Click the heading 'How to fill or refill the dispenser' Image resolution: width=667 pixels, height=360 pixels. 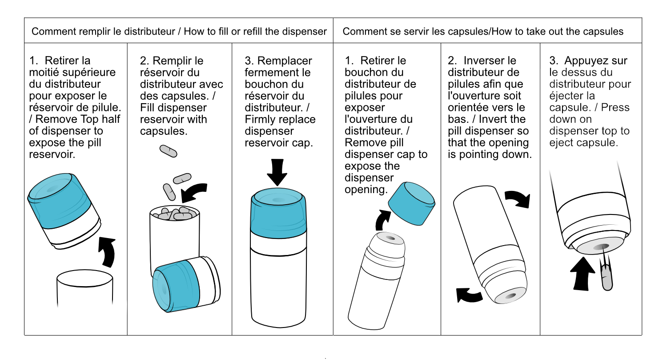[x=255, y=31]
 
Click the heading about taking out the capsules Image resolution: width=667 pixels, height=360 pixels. [x=483, y=31]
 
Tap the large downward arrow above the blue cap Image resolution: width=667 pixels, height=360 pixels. [x=277, y=172]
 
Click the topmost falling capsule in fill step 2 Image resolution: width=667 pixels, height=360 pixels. [x=168, y=151]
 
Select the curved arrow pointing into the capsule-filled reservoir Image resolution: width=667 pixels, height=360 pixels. [x=193, y=192]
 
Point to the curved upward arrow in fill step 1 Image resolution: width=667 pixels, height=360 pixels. [x=108, y=252]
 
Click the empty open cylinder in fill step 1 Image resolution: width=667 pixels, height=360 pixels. [x=85, y=287]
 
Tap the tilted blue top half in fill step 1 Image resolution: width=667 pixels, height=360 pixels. [x=64, y=210]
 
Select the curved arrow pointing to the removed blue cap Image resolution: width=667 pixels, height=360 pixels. [x=383, y=220]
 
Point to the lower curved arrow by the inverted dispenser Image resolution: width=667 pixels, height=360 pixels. [x=469, y=295]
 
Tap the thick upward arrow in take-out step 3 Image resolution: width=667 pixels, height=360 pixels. [x=582, y=274]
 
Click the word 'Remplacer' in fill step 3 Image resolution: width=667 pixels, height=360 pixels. [x=285, y=61]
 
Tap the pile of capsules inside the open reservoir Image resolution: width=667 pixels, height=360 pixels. [x=174, y=213]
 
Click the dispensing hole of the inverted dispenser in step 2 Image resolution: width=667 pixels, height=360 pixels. [x=510, y=296]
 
